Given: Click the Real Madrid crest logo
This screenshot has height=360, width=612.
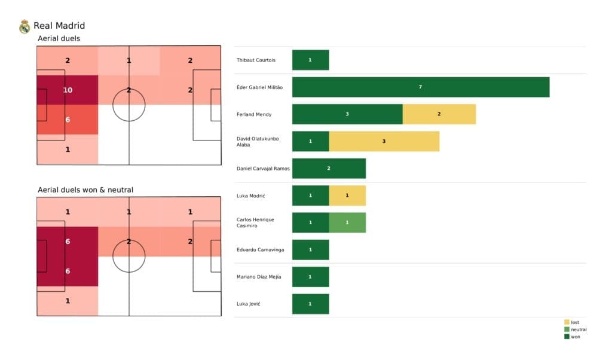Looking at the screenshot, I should (x=25, y=26).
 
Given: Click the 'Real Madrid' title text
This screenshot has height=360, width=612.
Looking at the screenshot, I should (x=59, y=26).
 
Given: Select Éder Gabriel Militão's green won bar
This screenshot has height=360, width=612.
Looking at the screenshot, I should (x=420, y=87).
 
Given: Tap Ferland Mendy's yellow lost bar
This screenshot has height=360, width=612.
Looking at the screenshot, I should (x=439, y=114).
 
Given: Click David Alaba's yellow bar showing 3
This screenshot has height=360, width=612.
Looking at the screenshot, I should (x=384, y=141).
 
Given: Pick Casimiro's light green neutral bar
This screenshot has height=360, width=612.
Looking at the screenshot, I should (x=347, y=222).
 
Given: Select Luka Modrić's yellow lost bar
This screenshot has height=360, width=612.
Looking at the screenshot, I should (x=347, y=196).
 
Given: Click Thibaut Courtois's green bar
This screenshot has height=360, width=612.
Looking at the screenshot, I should (x=310, y=60).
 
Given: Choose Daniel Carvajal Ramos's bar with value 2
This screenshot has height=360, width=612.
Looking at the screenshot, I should (x=329, y=169).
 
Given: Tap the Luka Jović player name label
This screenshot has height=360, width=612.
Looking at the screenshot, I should (x=249, y=304).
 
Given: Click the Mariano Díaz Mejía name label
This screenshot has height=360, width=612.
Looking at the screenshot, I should (x=259, y=277).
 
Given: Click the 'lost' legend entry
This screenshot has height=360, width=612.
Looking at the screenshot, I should (x=574, y=322).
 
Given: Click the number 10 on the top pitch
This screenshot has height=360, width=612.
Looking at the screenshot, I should (x=68, y=90).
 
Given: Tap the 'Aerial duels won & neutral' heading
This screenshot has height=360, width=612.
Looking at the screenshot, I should (x=85, y=190).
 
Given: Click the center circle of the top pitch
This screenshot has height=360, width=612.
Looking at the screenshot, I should (x=129, y=105).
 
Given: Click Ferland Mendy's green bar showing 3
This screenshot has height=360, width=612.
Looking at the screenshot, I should (x=347, y=114).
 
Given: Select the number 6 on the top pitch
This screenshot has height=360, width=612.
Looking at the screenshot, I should (x=68, y=120).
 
